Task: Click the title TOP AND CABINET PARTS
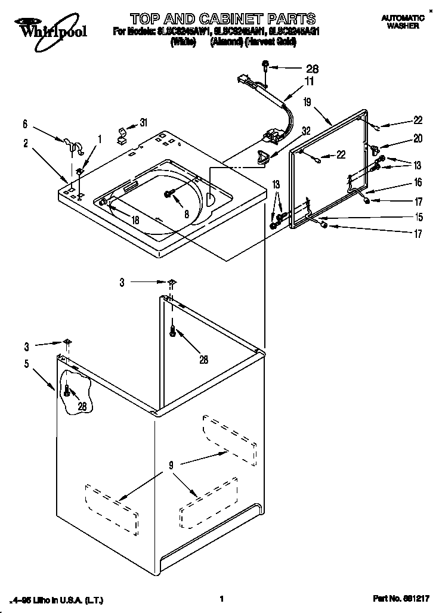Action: tap(222, 18)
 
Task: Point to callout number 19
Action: tap(307, 103)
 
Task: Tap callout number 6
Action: tap(25, 124)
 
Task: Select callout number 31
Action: tap(143, 123)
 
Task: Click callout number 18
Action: tap(135, 220)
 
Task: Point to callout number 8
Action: tap(187, 213)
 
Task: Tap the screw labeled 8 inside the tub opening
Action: tap(168, 193)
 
